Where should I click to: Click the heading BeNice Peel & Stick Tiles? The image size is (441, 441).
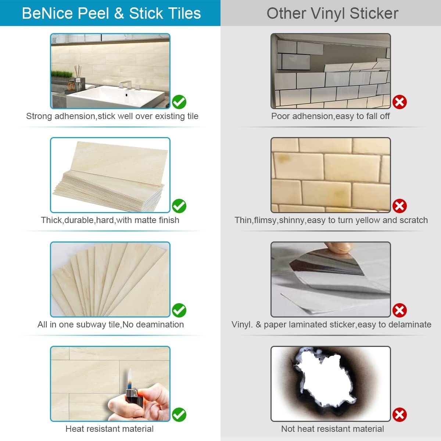tap(111, 13)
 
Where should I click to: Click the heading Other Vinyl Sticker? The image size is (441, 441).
tap(332, 13)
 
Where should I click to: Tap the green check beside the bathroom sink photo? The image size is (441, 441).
tap(179, 102)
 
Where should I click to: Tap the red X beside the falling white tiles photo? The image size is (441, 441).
tap(399, 102)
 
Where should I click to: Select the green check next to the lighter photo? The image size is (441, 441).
tap(179, 415)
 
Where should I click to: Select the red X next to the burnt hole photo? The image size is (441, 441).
tap(399, 415)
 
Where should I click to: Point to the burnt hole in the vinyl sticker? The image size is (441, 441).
tap(325, 382)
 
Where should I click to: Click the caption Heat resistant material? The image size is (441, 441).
tap(110, 429)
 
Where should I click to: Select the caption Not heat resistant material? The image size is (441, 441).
tap(332, 429)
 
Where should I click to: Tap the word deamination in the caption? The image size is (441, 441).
tap(160, 325)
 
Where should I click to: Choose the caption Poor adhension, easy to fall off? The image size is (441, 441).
tap(330, 116)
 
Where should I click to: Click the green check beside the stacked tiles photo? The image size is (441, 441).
tap(179, 206)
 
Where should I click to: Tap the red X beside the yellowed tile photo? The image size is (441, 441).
tap(399, 206)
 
